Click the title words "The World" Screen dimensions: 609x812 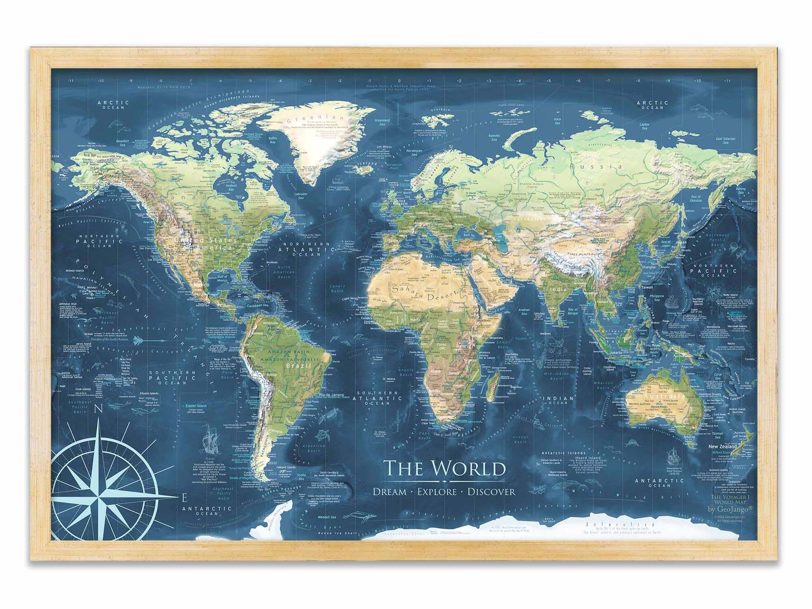444,468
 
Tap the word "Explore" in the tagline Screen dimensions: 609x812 437,492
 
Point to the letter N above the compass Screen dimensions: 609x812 99,409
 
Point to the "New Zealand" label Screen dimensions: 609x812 722,446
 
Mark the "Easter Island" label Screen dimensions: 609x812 196,406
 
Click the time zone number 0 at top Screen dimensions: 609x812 399,80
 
